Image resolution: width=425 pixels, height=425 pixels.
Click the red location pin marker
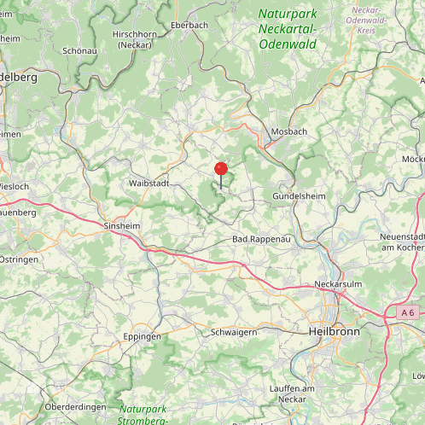221,169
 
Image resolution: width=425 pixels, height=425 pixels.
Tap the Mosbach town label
288,131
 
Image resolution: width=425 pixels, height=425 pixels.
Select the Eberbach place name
189,26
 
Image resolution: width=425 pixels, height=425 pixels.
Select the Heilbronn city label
334,330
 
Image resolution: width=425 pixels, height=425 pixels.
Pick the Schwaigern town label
234,332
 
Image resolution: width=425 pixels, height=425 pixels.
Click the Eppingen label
143,336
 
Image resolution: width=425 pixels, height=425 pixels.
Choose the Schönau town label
79,50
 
